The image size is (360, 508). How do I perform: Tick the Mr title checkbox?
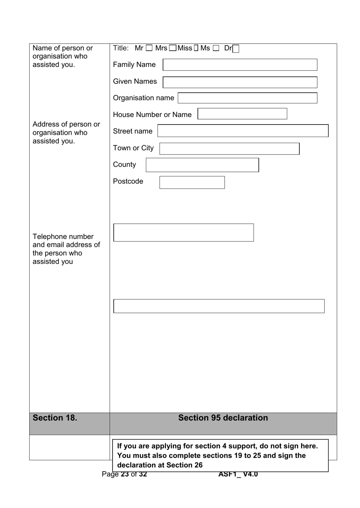click(149, 48)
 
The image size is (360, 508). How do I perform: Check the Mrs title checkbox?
click(172, 48)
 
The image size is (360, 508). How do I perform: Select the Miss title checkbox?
click(196, 48)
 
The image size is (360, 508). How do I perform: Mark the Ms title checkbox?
click(216, 48)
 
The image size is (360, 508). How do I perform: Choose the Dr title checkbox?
click(236, 49)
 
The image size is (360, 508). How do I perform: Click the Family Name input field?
click(240, 65)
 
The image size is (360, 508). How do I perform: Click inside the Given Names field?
click(240, 82)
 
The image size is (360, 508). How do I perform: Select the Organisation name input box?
click(247, 98)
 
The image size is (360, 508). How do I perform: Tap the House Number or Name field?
click(242, 114)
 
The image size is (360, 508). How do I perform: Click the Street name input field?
click(243, 131)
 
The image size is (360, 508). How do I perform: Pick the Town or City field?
click(229, 149)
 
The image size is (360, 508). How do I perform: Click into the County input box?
click(202, 165)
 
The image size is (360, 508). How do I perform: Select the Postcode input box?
click(192, 182)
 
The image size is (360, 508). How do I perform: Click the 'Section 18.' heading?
click(55, 418)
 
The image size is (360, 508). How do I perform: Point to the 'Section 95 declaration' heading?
click(223, 418)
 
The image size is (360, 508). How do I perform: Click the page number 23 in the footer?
click(125, 474)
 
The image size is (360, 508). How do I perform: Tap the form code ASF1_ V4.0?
click(238, 474)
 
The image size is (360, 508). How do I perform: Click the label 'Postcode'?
click(128, 181)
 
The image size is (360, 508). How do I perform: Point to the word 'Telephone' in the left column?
click(49, 237)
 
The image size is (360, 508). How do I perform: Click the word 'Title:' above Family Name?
click(121, 48)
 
